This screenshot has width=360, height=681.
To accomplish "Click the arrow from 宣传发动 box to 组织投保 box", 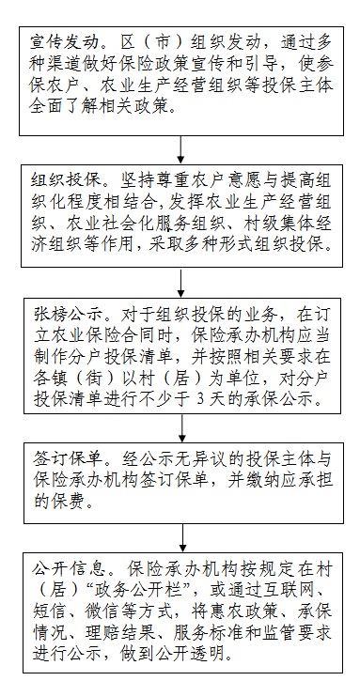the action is pyautogui.click(x=180, y=150).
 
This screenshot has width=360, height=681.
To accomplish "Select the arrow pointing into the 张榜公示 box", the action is pyautogui.click(x=181, y=283).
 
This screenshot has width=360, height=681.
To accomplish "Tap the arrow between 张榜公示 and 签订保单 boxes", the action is pyautogui.click(x=182, y=427).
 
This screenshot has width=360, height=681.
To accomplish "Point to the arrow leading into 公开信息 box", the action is pyautogui.click(x=182, y=537).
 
